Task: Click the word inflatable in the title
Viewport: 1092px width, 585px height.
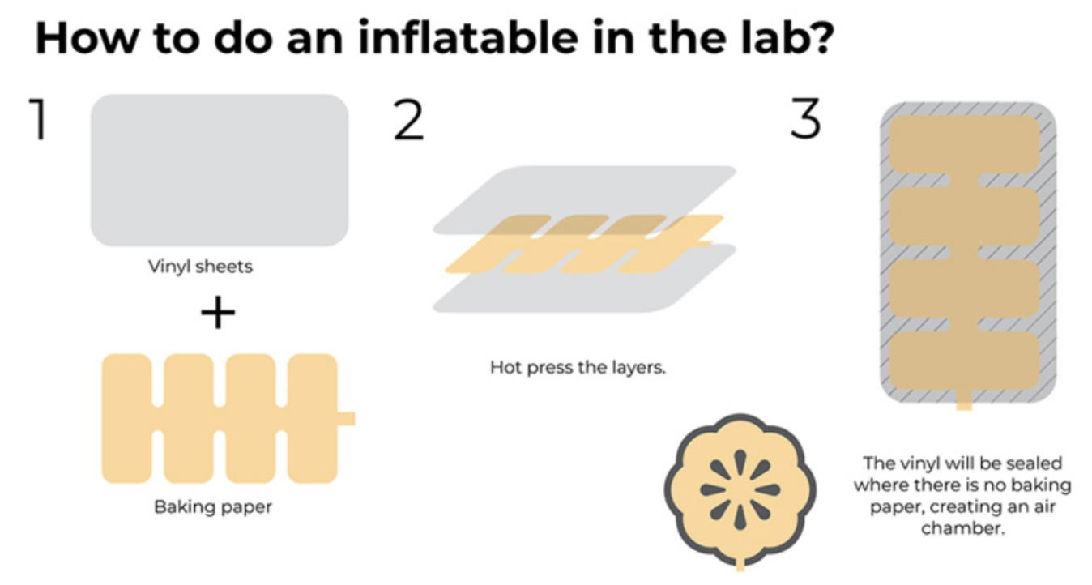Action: coord(468,37)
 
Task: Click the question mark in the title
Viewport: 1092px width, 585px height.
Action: coord(820,37)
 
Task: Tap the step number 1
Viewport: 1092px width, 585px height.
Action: coord(39,119)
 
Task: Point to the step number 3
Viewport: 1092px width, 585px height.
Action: coord(805,118)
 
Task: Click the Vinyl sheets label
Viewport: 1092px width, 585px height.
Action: coord(200,267)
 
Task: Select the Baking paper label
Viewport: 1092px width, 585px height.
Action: coord(213,507)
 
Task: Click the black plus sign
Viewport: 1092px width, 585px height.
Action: coord(218,313)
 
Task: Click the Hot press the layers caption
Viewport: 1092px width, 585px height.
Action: coord(578,367)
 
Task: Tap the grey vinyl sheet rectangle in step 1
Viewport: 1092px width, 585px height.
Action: coord(220,170)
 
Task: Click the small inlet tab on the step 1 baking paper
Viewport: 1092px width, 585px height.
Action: coord(346,418)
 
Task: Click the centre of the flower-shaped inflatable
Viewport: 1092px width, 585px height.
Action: coord(740,489)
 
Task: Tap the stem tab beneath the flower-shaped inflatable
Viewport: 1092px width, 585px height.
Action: coord(740,565)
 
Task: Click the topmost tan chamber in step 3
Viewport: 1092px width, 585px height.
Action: coord(964,144)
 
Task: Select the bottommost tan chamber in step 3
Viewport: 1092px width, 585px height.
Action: coord(964,361)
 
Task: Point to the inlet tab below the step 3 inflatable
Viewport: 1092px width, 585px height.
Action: coord(964,400)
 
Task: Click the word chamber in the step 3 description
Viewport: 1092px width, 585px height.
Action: coord(963,528)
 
